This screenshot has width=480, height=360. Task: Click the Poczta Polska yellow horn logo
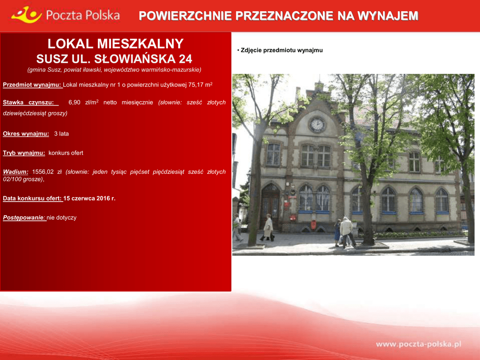26,15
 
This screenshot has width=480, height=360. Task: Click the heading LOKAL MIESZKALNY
115,44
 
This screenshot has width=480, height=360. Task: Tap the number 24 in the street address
186,59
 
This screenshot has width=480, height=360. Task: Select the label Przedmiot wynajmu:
32,85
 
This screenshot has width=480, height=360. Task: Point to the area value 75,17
195,85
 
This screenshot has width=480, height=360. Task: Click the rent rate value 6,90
75,102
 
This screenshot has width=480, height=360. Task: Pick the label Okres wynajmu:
26,134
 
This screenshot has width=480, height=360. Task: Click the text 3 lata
61,134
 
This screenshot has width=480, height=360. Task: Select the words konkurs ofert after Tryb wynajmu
66,153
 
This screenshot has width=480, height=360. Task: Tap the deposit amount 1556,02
43,172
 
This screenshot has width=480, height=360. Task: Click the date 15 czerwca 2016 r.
90,198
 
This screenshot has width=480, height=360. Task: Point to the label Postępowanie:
24,217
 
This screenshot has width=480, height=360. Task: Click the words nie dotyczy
61,217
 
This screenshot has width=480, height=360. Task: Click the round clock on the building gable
317,125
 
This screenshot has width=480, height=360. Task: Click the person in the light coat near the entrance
268,227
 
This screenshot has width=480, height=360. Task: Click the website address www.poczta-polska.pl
419,344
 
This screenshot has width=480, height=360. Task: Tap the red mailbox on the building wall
314,225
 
